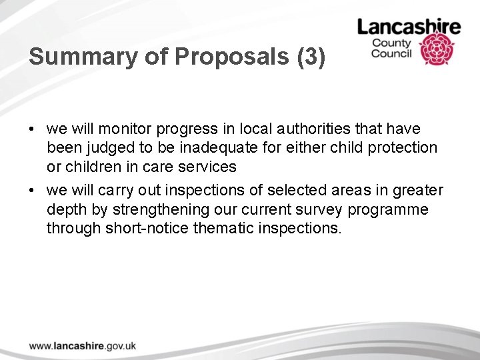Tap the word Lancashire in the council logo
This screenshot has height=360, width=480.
[x=409, y=27]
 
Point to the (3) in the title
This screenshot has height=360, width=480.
[x=310, y=57]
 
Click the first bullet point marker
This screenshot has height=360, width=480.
[x=31, y=128]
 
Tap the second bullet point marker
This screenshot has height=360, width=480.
[x=31, y=191]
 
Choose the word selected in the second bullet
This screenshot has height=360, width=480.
[x=270, y=191]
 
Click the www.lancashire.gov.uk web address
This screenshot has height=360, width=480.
[x=83, y=345]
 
